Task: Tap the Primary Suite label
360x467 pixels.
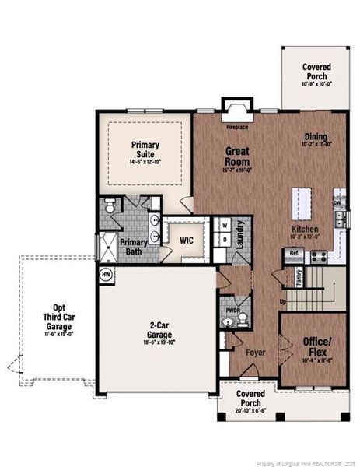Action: coord(145,149)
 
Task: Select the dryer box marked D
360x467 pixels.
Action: coord(225,241)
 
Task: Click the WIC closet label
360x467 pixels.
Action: coord(187,240)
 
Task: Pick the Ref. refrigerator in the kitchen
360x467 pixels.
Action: coord(295,255)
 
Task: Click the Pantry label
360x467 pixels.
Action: coord(299,277)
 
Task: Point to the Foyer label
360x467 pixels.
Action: coord(256,353)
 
